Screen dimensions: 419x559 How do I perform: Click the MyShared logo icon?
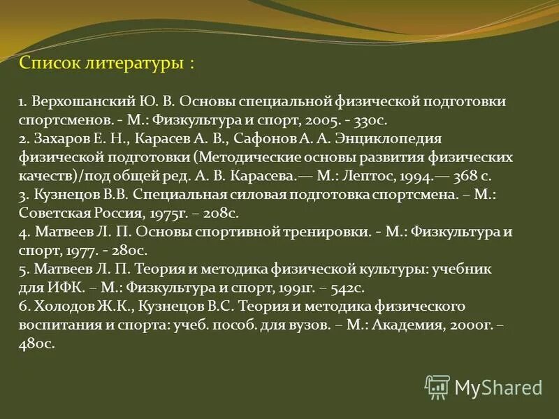point(437,386)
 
